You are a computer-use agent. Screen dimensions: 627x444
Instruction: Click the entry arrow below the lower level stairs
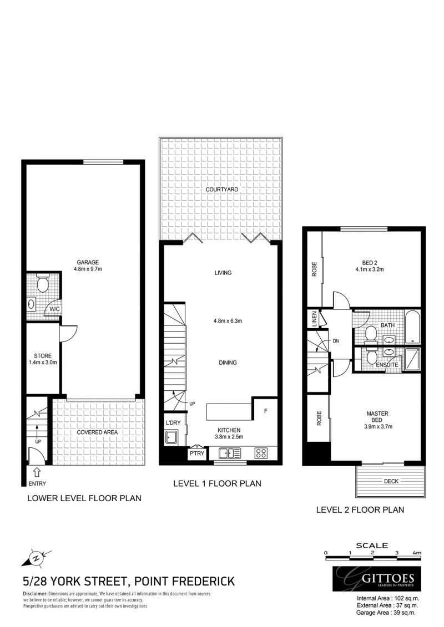point(37,472)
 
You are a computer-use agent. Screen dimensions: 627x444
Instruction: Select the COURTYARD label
point(221,190)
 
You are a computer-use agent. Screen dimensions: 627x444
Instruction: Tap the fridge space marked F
point(265,411)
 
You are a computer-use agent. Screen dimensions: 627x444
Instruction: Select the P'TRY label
point(196,453)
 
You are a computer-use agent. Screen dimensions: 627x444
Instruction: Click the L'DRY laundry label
point(173,424)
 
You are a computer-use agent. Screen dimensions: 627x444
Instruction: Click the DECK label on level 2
point(391,481)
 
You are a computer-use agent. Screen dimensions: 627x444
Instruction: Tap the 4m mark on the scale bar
point(417,553)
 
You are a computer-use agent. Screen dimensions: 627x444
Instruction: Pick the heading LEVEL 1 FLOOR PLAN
point(217,483)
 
